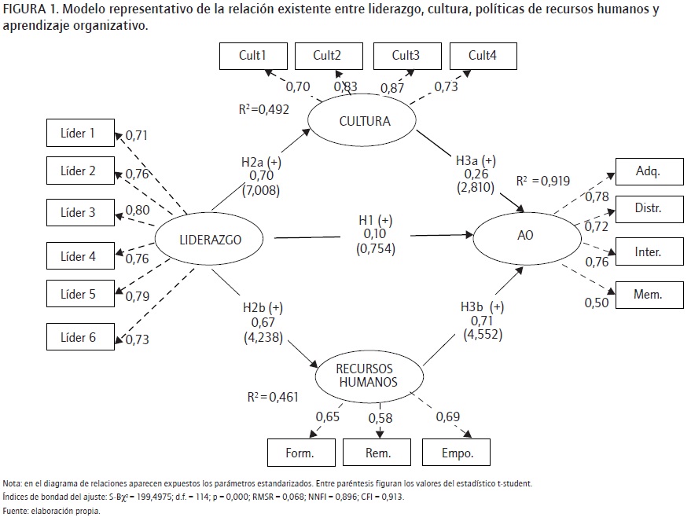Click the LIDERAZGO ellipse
coord(209,240)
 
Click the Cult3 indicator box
coord(406,55)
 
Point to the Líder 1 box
coord(79,134)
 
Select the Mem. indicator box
coord(649,295)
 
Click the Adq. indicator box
coord(649,171)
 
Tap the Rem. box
coord(380,453)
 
